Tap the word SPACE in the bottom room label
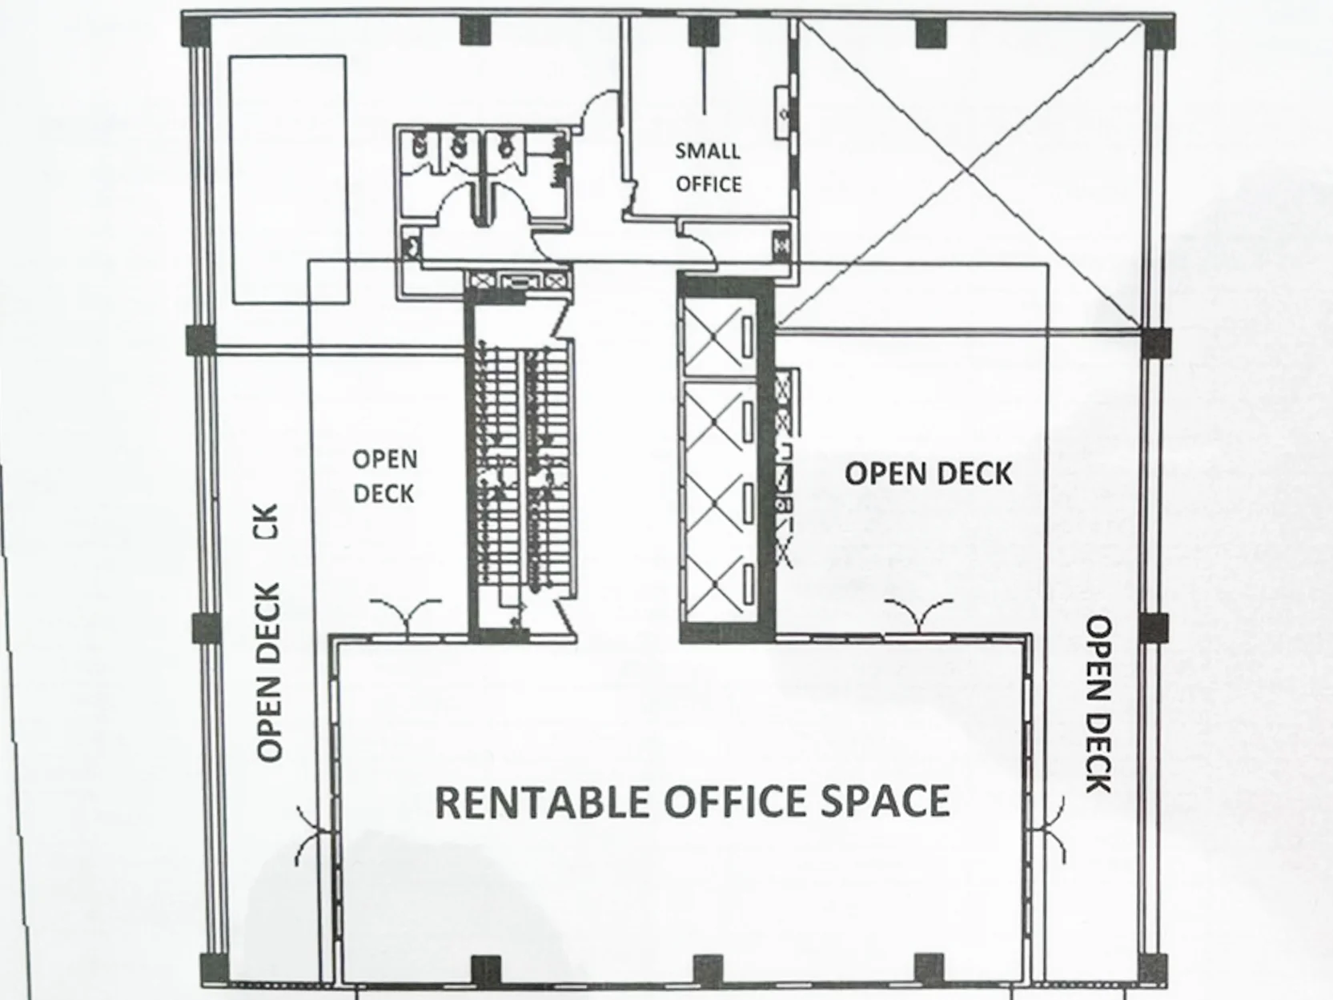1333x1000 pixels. pos(885,801)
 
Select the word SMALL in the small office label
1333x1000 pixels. pos(708,151)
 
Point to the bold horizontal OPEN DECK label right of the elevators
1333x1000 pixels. pos(929,474)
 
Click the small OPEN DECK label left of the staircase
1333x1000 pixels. pos(385,476)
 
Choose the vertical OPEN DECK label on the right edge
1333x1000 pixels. pos(1098,705)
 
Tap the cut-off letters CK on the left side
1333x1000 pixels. pos(268,521)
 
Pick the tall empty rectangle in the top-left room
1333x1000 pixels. pos(289,179)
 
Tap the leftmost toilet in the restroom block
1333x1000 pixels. pos(419,146)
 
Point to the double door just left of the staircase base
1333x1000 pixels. pos(406,614)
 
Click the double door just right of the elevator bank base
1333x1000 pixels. pos(919,614)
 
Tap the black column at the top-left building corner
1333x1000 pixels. pos(197,31)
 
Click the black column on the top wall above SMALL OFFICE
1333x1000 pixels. pos(703,31)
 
